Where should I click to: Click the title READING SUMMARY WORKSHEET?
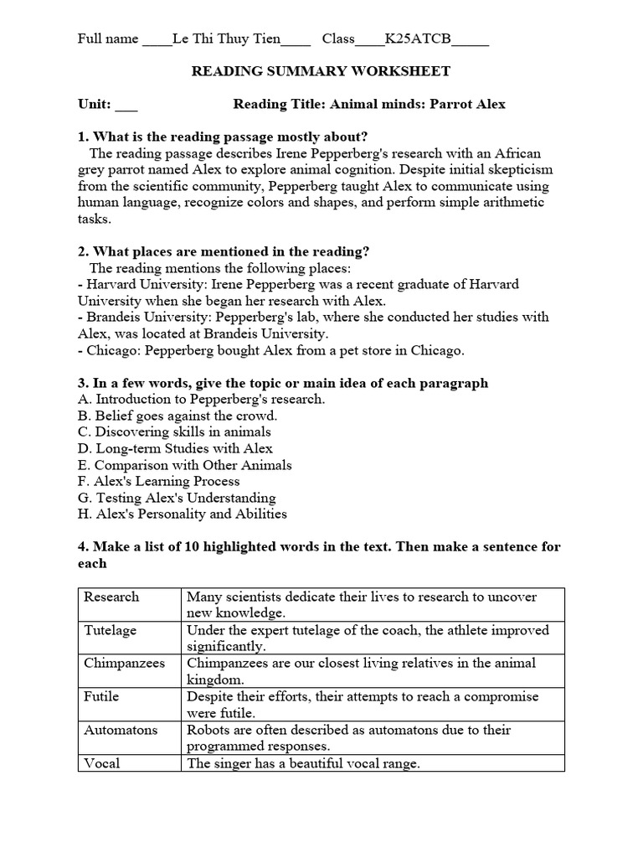321,71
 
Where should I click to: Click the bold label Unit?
95,105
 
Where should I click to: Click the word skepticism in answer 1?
515,170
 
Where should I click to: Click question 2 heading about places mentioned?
224,251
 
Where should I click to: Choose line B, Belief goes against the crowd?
177,416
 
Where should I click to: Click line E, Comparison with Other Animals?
185,465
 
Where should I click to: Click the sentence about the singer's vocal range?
303,763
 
